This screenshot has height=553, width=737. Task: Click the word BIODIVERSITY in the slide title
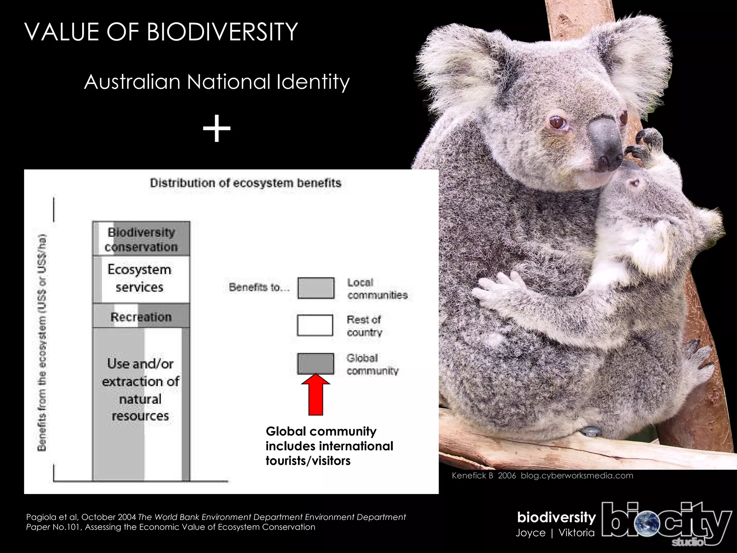pos(222,32)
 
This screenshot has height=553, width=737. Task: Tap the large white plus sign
pos(216,129)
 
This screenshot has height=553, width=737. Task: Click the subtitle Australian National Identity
pos(217,82)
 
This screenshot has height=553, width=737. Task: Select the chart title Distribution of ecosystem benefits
pos(245,183)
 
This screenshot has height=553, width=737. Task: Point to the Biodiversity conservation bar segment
pos(141,239)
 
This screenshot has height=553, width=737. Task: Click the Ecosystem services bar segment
pos(141,279)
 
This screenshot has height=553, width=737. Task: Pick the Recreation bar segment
pos(141,317)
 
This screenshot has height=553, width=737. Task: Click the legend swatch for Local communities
pos(316,288)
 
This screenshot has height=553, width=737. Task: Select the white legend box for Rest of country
pos(315,325)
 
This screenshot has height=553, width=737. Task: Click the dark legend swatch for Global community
pos(315,364)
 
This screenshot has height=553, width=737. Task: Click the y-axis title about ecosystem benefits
pos(42,342)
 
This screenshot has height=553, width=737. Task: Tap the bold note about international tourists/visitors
pos(329,446)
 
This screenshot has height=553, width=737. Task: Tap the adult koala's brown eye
pos(557,123)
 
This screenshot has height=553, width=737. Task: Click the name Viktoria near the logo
pos(577,533)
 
